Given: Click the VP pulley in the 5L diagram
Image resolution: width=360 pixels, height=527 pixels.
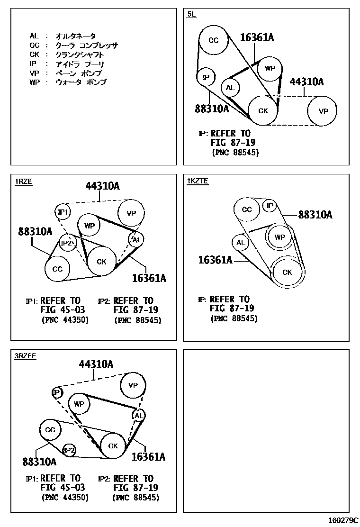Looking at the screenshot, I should (x=323, y=111).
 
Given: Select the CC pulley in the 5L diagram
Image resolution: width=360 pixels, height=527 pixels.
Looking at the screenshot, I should (x=214, y=40).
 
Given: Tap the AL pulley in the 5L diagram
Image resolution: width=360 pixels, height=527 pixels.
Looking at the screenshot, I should (x=230, y=88).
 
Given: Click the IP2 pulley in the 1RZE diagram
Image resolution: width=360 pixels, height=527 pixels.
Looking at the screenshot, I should (x=67, y=244).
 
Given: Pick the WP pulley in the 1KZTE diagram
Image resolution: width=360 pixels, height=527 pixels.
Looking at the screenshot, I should (x=280, y=237).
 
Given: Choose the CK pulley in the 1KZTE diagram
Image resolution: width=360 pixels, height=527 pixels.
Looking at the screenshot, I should (x=288, y=272).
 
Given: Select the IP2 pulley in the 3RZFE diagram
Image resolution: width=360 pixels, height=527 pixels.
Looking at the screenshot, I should (x=69, y=450).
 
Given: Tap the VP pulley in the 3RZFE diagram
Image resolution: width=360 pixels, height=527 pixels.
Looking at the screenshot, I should (x=133, y=385).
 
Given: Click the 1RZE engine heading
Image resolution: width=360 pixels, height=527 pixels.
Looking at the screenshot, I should (x=24, y=182).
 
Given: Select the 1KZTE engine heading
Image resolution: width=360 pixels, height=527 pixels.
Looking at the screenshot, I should (x=198, y=181).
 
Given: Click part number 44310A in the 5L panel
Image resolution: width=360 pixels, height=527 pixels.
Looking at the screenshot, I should (x=306, y=82).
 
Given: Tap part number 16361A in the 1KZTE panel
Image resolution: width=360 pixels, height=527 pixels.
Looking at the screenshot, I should (x=215, y=260).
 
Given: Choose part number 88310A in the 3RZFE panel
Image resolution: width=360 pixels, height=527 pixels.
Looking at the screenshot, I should (x=39, y=461).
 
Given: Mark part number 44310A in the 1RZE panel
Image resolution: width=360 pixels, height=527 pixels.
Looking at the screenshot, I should (x=102, y=186).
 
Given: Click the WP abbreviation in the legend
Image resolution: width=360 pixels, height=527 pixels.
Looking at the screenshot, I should (x=34, y=82).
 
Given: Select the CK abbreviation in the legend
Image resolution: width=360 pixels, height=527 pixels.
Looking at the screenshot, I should (x=34, y=55).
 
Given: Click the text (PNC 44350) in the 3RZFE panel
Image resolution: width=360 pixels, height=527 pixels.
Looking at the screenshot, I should (x=65, y=497).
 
